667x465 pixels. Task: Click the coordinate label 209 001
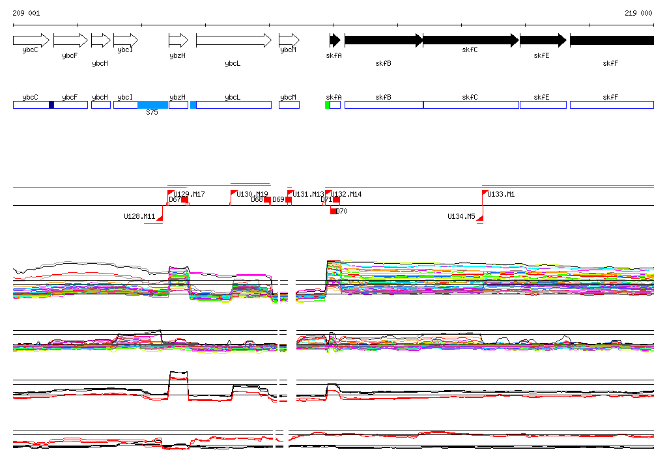(26, 13)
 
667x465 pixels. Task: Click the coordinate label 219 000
(638, 13)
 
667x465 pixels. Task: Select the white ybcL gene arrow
(233, 40)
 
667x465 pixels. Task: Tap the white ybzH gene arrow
(178, 40)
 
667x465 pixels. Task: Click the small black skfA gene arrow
(335, 40)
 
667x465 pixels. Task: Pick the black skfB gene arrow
(383, 40)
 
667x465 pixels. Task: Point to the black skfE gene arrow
(543, 40)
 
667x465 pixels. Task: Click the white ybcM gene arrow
(289, 40)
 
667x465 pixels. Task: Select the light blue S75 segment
(153, 105)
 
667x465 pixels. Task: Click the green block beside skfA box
(328, 105)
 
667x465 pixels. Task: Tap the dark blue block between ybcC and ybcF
(51, 105)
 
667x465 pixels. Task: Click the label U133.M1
(501, 194)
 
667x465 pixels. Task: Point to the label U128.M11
(139, 216)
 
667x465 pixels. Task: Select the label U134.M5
(461, 216)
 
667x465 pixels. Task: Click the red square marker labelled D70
(334, 211)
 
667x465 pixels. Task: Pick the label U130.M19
(252, 194)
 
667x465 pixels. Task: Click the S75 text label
(152, 112)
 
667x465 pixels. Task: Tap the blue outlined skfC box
(471, 105)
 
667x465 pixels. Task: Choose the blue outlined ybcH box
(100, 105)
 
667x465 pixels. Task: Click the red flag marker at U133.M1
(485, 193)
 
